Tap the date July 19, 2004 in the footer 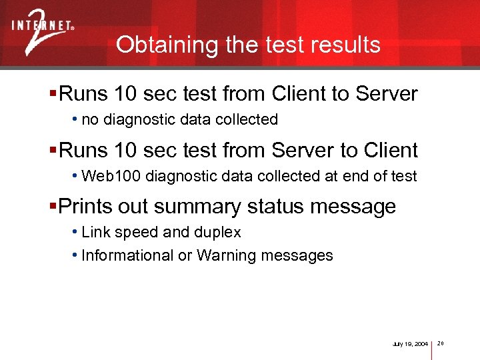(x=410, y=344)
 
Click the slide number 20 (x=441, y=344)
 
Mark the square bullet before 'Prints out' (x=53, y=206)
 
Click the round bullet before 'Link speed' (x=75, y=233)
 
